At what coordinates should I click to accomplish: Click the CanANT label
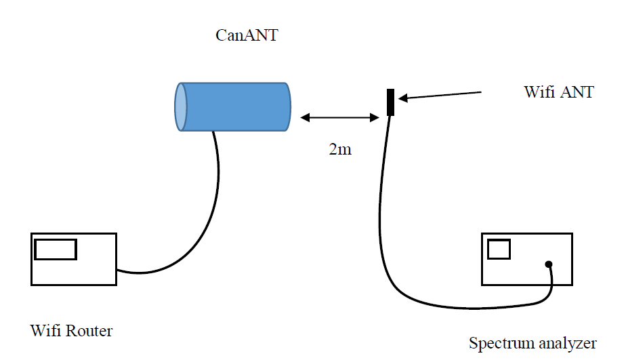pyautogui.click(x=246, y=36)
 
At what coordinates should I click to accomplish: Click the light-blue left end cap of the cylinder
pyautogui.click(x=181, y=106)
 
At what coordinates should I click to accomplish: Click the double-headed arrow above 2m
pyautogui.click(x=339, y=117)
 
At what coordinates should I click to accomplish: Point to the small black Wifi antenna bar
pyautogui.click(x=390, y=102)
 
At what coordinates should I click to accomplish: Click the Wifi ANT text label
pyautogui.click(x=559, y=92)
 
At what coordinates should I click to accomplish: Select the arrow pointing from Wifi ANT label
pyautogui.click(x=440, y=95)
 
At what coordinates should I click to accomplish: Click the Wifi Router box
pyautogui.click(x=73, y=258)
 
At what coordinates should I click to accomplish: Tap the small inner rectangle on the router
pyautogui.click(x=56, y=249)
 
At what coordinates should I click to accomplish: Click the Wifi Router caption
pyautogui.click(x=71, y=331)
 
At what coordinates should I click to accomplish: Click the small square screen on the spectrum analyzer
pyautogui.click(x=499, y=249)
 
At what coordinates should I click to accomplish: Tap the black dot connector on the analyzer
pyautogui.click(x=549, y=264)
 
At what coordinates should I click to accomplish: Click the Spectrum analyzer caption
pyautogui.click(x=533, y=342)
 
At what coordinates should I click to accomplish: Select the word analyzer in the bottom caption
pyautogui.click(x=566, y=342)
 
